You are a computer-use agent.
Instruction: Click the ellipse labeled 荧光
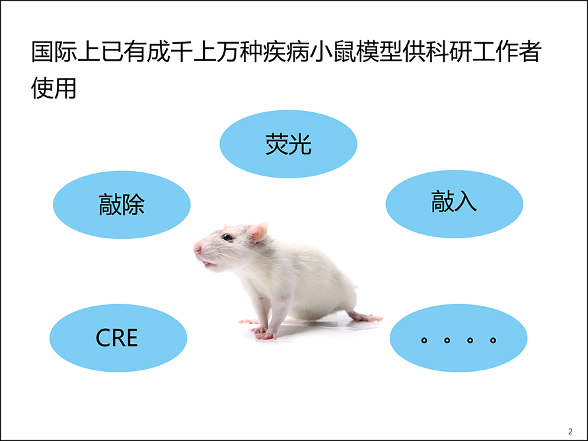[x=288, y=144]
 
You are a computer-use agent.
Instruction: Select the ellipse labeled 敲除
[x=122, y=205]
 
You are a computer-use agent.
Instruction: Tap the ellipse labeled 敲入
[x=454, y=204]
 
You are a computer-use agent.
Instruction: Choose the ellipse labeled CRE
[x=118, y=337]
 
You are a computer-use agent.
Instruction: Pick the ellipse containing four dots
[x=459, y=337]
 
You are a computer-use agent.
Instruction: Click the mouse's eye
[x=227, y=237]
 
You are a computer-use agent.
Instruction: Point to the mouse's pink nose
[x=198, y=248]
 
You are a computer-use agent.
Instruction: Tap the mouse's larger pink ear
[x=259, y=232]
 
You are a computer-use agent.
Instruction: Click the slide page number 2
[x=570, y=431]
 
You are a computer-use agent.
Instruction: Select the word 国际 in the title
[x=54, y=51]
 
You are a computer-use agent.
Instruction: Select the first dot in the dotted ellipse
[x=424, y=340]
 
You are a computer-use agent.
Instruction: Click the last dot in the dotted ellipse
[x=493, y=340]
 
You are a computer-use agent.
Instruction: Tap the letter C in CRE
[x=103, y=338]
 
